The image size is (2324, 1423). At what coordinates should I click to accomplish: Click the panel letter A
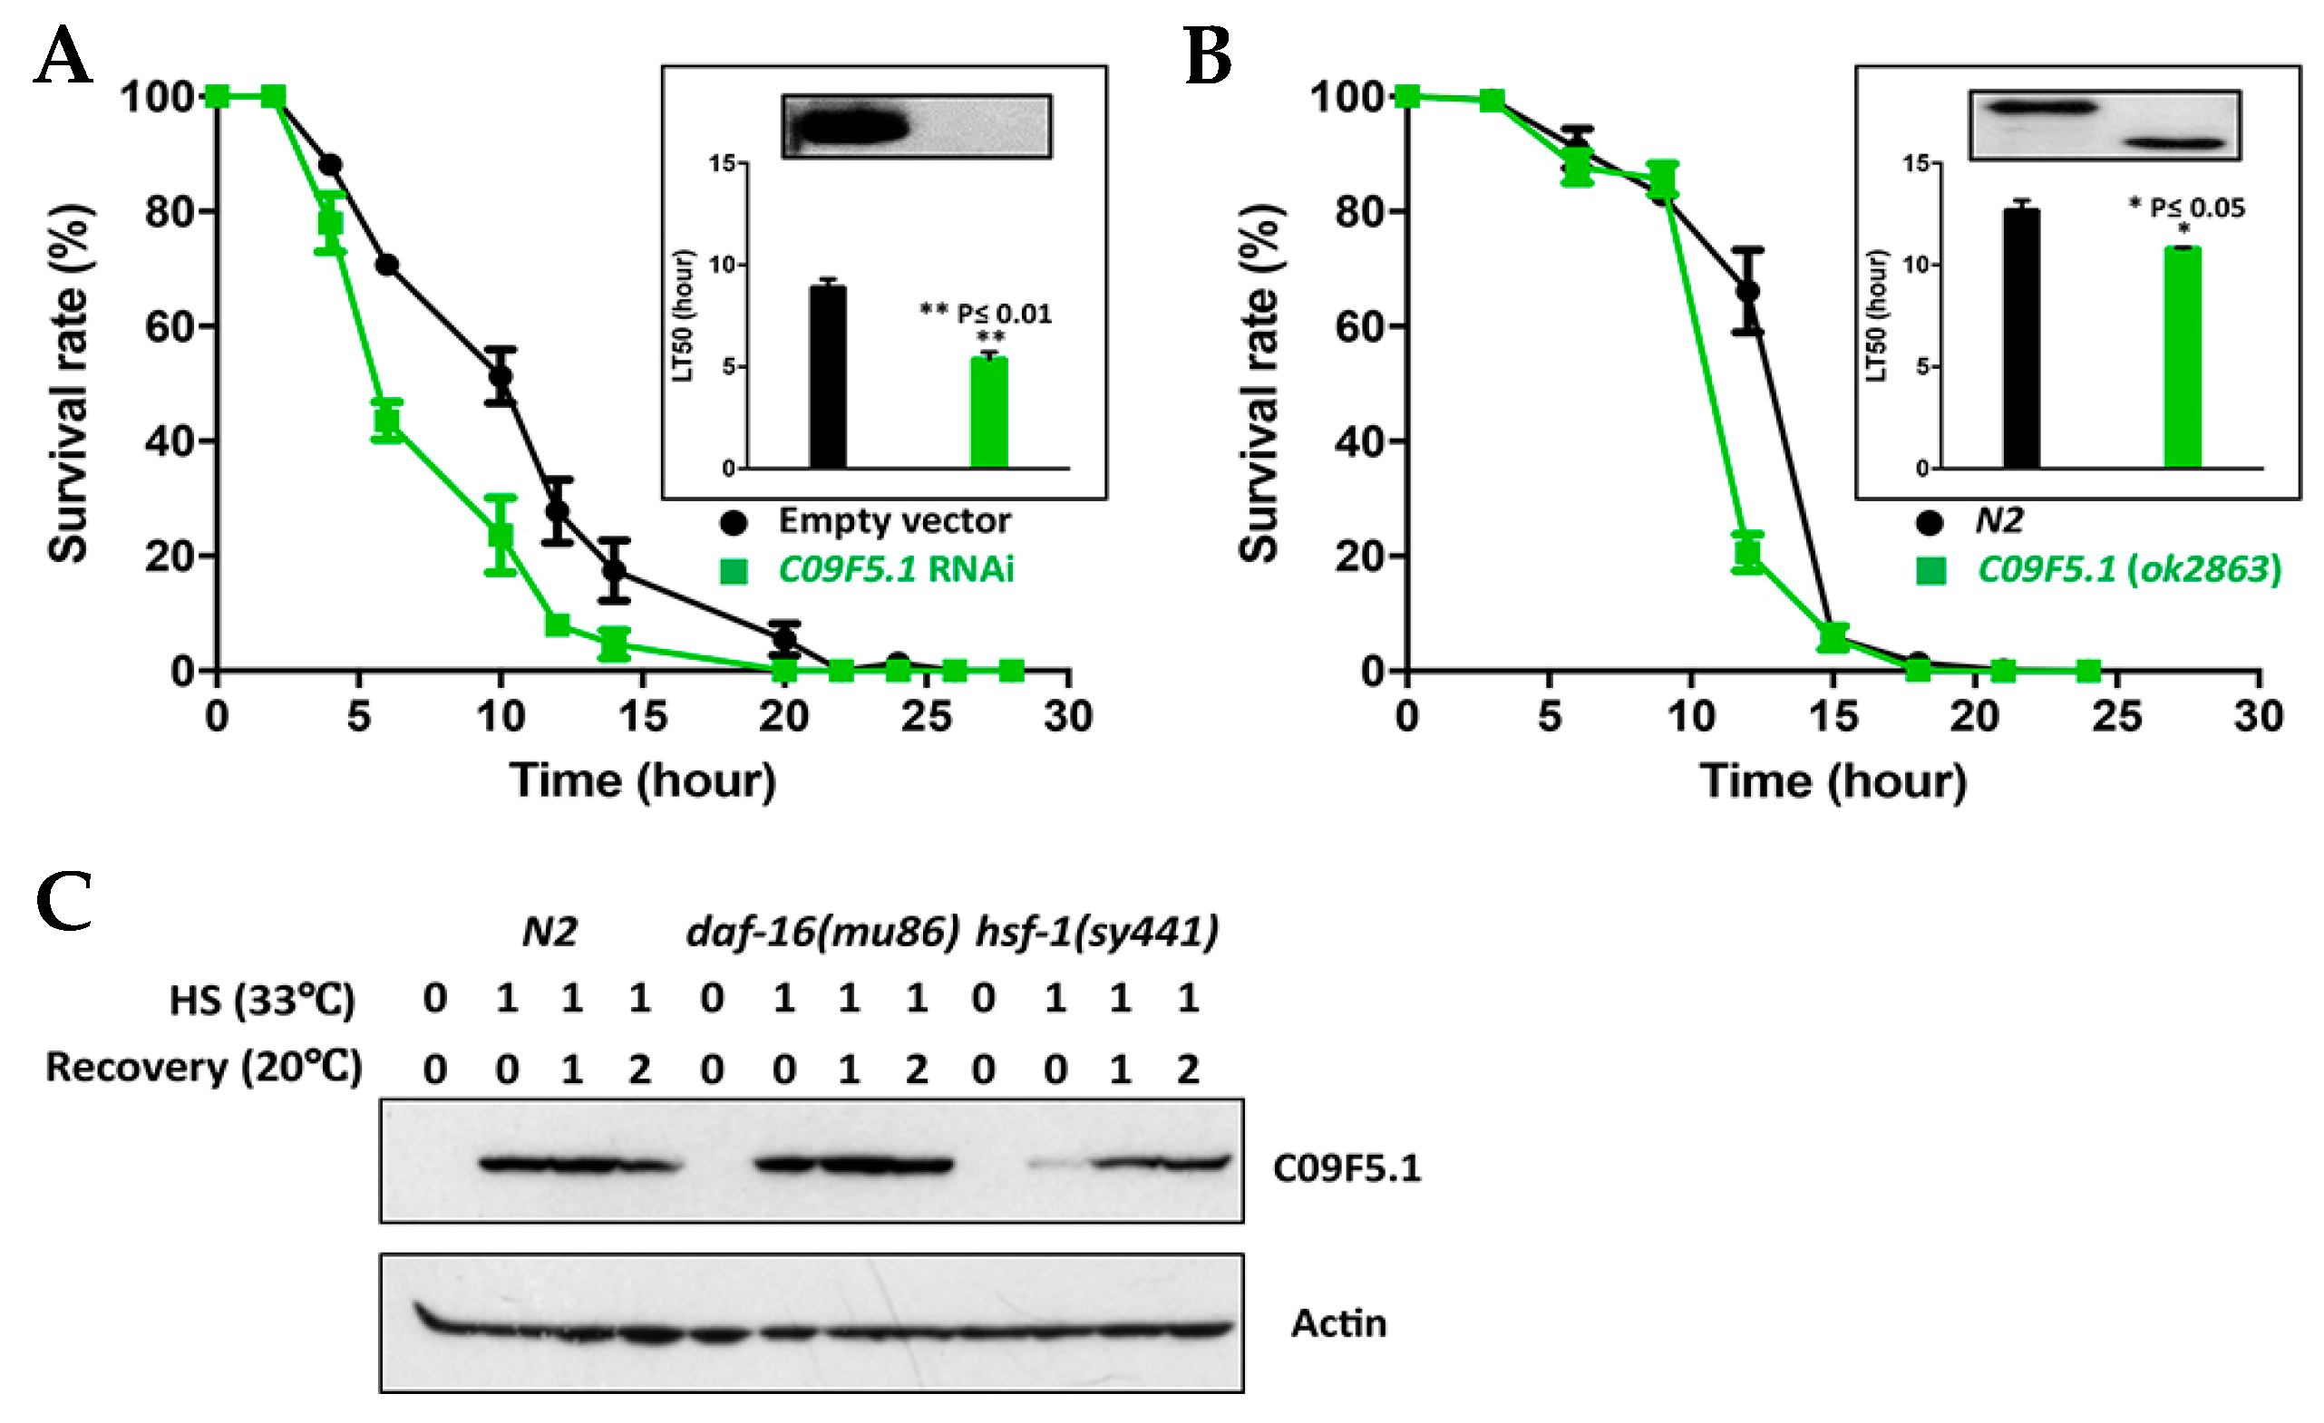(63, 56)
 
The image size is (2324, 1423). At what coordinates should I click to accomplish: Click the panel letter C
(63, 901)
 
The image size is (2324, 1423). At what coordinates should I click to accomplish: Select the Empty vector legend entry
(892, 520)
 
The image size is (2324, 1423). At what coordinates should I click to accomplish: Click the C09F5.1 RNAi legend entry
(894, 569)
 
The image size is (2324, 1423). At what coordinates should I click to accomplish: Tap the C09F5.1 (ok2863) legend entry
(2128, 569)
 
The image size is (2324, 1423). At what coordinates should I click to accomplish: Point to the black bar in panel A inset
(827, 377)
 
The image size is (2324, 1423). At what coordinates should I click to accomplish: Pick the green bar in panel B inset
(2182, 357)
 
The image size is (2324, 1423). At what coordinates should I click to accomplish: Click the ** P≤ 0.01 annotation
(986, 313)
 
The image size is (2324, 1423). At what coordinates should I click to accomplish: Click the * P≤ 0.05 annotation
(2187, 208)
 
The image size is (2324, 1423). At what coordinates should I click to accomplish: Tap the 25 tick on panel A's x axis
(926, 717)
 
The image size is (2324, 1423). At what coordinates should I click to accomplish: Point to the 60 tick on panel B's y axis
(1359, 326)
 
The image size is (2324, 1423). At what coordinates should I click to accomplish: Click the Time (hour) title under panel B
(1833, 780)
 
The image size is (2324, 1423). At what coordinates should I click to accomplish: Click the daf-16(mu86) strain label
(822, 932)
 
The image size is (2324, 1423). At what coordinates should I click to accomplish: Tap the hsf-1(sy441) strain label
(1097, 932)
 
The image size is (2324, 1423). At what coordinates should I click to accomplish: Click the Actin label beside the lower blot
(1338, 1323)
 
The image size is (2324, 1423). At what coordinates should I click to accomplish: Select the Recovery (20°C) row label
(204, 1068)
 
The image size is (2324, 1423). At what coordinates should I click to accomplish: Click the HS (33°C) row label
(261, 1000)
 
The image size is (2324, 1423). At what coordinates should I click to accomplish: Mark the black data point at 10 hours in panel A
(501, 376)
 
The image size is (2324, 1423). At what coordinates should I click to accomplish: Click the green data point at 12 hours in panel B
(1747, 553)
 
